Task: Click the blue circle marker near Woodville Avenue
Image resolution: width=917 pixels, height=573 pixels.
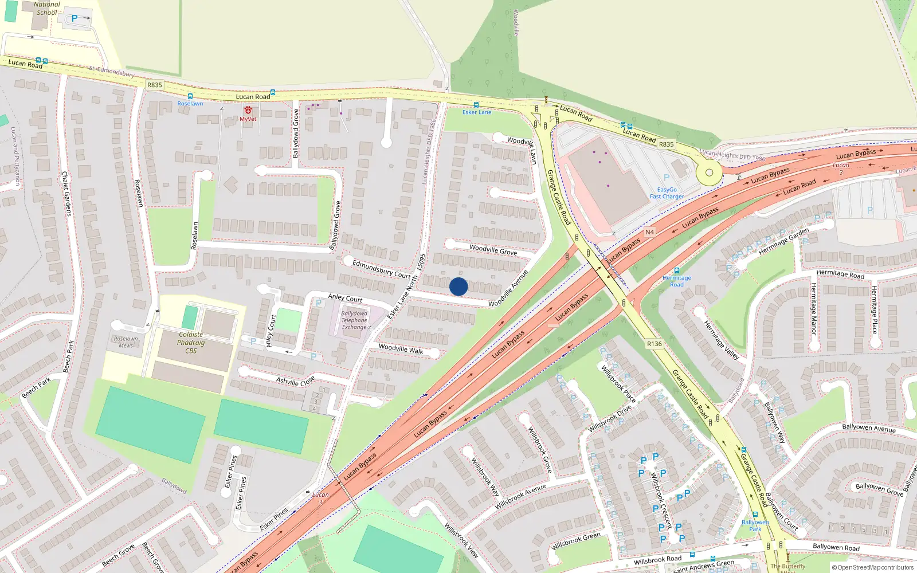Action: (x=458, y=286)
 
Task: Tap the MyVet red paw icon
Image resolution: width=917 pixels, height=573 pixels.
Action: (x=248, y=109)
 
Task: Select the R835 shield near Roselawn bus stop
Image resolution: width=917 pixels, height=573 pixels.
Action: (x=155, y=85)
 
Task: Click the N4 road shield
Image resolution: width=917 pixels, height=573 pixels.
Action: (x=649, y=232)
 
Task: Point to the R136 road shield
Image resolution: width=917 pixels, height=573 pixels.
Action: (x=654, y=344)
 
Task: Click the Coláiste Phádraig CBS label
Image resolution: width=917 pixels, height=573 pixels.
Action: (x=191, y=343)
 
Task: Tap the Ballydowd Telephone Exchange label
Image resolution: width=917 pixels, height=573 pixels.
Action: (x=354, y=320)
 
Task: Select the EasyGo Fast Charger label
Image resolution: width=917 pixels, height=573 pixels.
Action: (x=667, y=193)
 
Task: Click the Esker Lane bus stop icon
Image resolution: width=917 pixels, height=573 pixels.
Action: (x=476, y=105)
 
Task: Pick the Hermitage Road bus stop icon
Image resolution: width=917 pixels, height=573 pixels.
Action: (x=677, y=270)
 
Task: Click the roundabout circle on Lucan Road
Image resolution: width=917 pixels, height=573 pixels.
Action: (x=710, y=172)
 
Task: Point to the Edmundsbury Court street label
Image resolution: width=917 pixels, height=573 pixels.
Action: (x=381, y=268)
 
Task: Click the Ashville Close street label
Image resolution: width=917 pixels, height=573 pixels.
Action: (x=295, y=380)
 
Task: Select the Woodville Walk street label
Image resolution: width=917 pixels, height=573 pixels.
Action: (x=401, y=349)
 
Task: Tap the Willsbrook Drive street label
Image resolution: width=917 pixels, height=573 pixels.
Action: (x=610, y=419)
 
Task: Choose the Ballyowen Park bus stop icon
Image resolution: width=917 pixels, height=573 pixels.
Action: (x=755, y=515)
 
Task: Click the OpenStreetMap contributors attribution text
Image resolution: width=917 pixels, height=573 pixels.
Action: (x=875, y=567)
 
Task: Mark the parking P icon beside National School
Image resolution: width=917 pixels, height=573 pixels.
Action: (x=75, y=18)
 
